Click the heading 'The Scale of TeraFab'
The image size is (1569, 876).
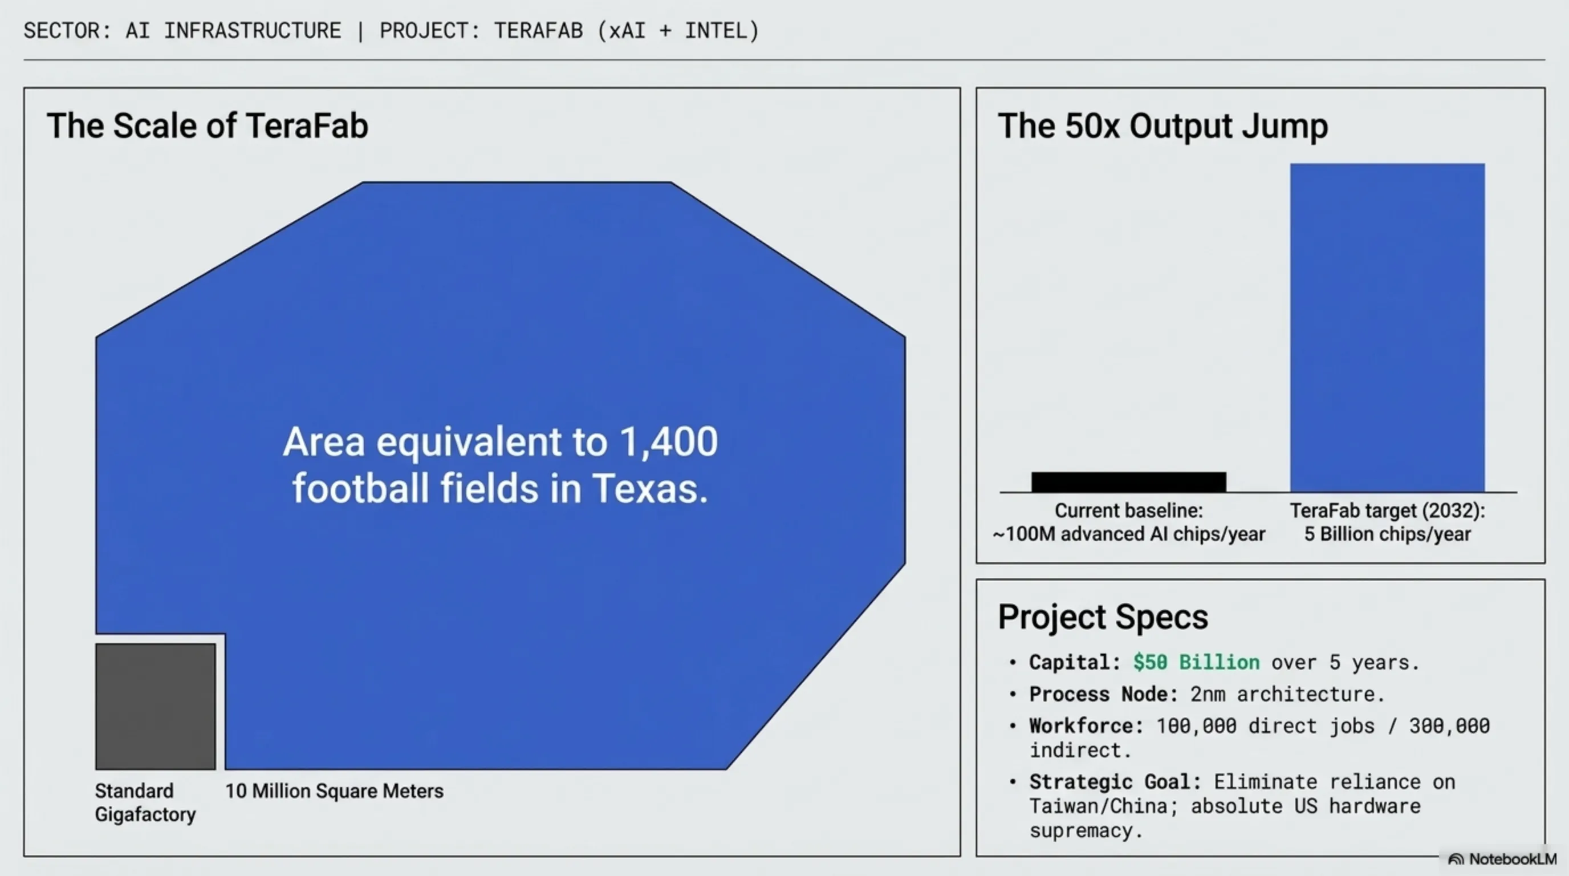pos(207,126)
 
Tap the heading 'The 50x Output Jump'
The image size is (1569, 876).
pos(1162,127)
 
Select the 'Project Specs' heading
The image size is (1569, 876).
pos(1103,617)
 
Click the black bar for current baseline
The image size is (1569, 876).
pos(1129,481)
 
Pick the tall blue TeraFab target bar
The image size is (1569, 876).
pos(1387,327)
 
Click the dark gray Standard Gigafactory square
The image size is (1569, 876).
pos(155,706)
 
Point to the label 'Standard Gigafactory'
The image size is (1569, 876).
pos(145,802)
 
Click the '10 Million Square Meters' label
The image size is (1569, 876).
pos(335,790)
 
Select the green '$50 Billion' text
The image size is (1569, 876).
pos(1196,662)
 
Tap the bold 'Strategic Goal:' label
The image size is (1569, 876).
pos(1115,781)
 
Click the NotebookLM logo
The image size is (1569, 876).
pos(1502,859)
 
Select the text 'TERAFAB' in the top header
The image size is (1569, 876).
pos(538,30)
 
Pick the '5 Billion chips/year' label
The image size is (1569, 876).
pos(1387,534)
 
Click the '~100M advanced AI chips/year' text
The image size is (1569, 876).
pos(1129,534)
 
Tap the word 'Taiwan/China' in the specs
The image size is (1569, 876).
pos(1098,806)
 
